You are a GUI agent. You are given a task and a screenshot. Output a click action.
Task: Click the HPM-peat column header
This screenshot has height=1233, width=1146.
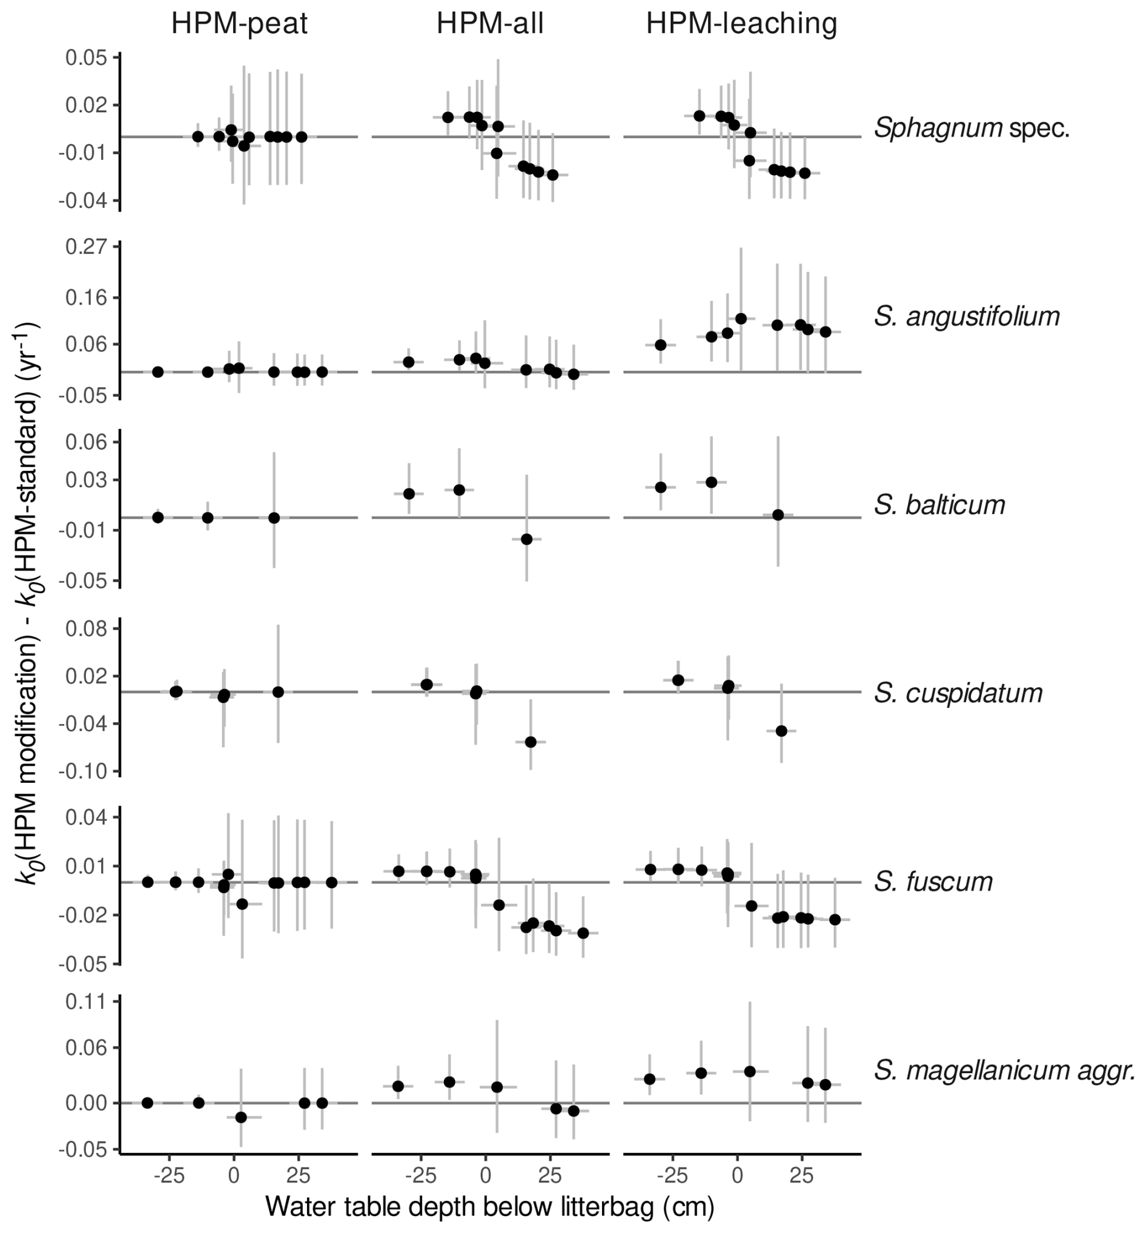[x=239, y=24]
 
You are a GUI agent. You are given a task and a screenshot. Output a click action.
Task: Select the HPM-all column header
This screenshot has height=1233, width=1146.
[x=490, y=24]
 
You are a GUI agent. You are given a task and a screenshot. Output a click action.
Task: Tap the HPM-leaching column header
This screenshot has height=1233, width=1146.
[x=741, y=24]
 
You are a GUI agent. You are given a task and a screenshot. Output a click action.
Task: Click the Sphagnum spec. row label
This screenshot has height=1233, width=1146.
[x=972, y=128]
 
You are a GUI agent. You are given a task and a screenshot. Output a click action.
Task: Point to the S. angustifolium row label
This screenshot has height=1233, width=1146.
[x=967, y=316]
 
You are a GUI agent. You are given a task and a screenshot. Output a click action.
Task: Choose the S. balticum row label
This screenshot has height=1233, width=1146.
[x=939, y=505]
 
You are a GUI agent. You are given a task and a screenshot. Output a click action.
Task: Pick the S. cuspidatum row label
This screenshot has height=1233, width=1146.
[x=958, y=693]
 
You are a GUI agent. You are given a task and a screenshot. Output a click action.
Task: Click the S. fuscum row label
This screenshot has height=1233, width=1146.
[x=933, y=882]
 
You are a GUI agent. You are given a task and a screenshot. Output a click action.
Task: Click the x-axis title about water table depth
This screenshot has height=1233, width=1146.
[x=490, y=1206]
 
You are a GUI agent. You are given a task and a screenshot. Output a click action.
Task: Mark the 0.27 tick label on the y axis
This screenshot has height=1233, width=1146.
[x=86, y=247]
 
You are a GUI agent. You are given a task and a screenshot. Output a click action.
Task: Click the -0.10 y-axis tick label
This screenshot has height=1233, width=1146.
[x=84, y=771]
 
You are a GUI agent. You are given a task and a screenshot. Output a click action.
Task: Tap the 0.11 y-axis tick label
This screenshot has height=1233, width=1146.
[x=86, y=1002]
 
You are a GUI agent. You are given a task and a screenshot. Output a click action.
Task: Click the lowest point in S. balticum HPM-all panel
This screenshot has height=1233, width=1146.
[x=526, y=539]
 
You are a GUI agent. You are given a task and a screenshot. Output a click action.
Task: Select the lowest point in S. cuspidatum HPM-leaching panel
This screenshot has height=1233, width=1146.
[x=781, y=731]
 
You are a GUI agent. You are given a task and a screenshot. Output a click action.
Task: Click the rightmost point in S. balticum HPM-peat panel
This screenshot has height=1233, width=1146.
[x=274, y=517]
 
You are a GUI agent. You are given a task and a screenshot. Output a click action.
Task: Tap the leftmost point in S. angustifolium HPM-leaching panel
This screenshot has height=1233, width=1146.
[x=660, y=345]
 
